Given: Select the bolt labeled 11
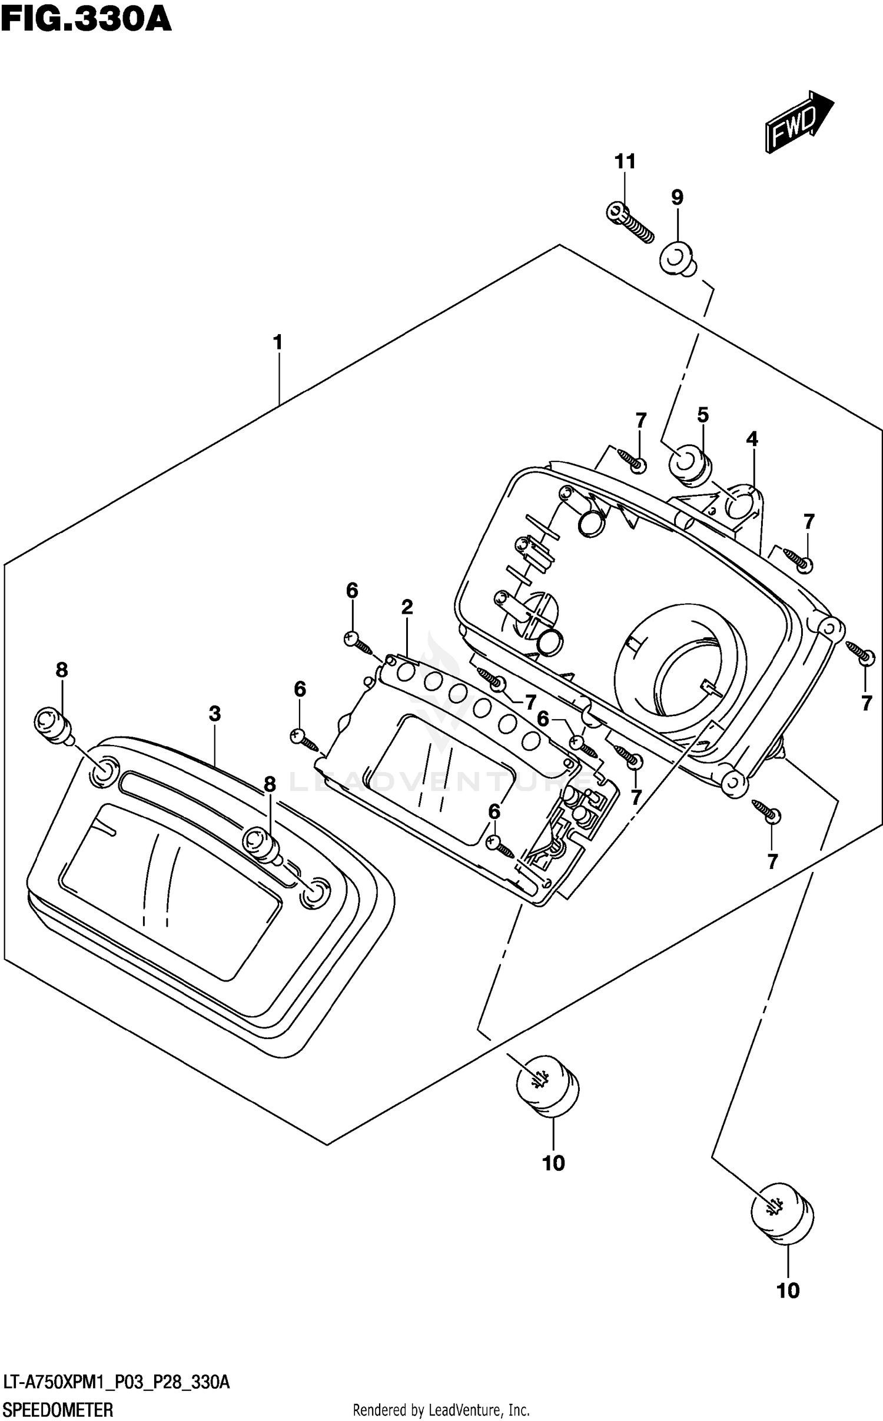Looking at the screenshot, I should [629, 224].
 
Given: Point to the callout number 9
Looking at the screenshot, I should [677, 198].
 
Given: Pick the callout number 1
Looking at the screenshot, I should [278, 342].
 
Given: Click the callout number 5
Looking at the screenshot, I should [703, 415].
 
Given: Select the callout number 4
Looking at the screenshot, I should [752, 438].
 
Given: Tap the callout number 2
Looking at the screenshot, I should [407, 607].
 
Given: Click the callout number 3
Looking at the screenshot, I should [215, 714].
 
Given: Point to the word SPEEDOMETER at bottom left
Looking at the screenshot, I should [58, 1410].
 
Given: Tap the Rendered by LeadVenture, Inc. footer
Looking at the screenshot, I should [441, 1410].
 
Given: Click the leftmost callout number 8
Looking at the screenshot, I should [62, 670].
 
